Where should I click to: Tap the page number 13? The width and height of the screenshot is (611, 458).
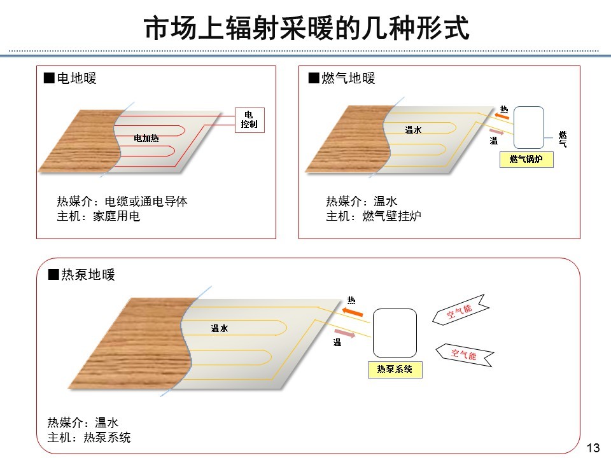(x=593, y=448)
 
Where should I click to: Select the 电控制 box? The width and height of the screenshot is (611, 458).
(x=249, y=120)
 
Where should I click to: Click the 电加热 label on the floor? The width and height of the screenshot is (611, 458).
(x=146, y=138)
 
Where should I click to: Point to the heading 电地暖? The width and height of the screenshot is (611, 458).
(x=71, y=79)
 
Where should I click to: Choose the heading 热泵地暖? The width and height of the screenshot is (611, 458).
(x=82, y=275)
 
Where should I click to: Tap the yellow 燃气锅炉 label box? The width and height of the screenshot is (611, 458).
(x=526, y=159)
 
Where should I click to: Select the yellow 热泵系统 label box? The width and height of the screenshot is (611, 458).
(x=395, y=369)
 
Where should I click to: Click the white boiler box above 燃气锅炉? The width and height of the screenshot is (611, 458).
(x=528, y=127)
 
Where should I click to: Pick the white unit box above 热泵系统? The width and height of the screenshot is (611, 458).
(x=395, y=333)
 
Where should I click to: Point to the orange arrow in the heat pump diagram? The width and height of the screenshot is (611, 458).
(x=351, y=312)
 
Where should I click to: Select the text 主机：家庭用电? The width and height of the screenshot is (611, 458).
(x=99, y=217)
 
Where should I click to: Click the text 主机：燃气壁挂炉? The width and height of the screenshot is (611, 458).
(x=374, y=217)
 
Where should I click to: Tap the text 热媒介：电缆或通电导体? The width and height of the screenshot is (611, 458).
(x=122, y=202)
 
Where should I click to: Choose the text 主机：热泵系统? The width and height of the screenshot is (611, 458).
(x=89, y=438)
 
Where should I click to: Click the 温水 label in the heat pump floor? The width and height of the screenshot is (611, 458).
(x=220, y=328)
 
